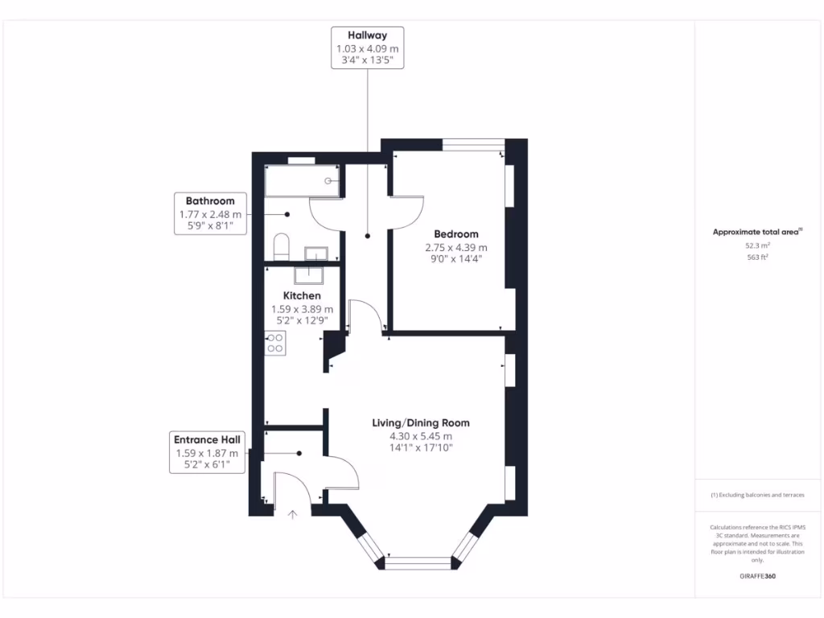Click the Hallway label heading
367,35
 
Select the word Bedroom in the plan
456,234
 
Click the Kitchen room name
302,295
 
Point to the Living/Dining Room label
420,422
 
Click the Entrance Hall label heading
207,439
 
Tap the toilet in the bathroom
281,244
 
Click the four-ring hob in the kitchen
274,344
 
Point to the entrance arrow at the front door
292,512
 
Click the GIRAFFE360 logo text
757,576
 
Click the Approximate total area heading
756,232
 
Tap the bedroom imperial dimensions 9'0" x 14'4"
456,259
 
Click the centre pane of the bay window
418,562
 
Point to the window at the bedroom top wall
472,146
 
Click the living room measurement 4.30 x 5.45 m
420,436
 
